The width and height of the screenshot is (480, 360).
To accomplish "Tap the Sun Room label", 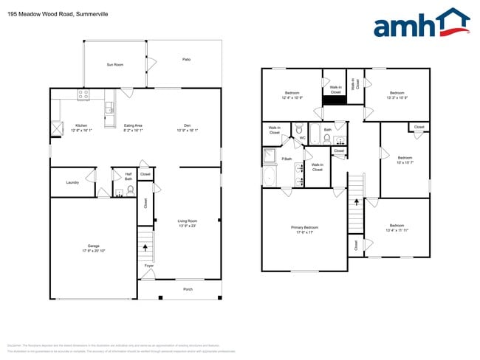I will click(114, 65).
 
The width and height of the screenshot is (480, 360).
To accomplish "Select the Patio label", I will click(187, 59).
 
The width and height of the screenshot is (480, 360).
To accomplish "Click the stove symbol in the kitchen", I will click(83, 94).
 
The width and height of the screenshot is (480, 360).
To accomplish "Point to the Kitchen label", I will click(81, 125).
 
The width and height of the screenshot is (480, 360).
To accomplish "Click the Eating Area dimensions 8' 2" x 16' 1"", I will click(134, 130).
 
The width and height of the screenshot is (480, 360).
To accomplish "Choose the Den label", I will click(188, 125).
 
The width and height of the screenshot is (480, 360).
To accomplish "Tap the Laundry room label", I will click(72, 182).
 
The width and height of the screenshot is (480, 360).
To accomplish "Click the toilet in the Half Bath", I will click(131, 190).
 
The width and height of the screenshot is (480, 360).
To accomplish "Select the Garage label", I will click(93, 247).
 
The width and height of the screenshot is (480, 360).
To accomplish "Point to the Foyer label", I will click(149, 266).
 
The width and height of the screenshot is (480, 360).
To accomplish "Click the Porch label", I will click(188, 289).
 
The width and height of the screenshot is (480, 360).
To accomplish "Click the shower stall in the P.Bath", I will click(269, 156).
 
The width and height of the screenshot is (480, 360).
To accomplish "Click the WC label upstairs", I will click(303, 138).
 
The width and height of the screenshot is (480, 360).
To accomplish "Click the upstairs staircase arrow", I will click(357, 200).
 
